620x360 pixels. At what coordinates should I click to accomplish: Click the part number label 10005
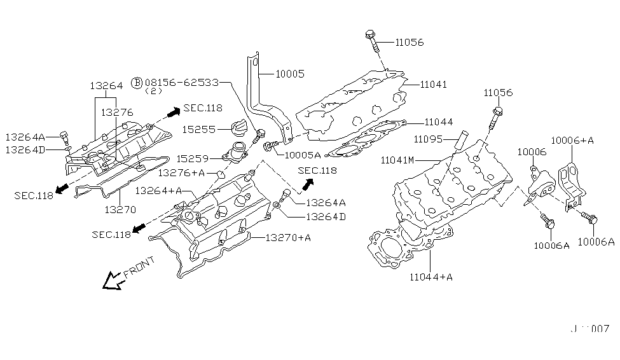290,74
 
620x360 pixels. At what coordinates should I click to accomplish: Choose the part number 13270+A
288,238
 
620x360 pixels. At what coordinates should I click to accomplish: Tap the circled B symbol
137,83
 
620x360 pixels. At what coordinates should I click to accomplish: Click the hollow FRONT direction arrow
113,279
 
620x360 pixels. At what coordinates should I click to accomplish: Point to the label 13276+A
182,172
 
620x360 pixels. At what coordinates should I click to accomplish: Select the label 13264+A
159,190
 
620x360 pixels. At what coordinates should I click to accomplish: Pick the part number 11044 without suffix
439,121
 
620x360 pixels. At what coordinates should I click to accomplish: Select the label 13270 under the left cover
120,208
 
